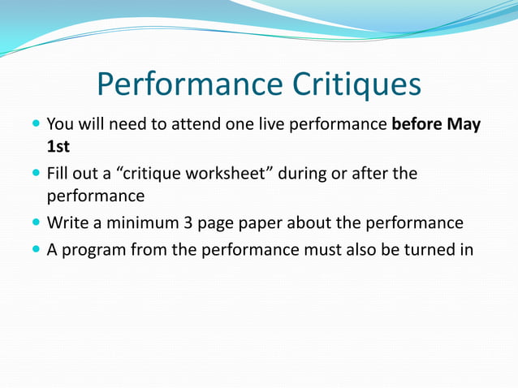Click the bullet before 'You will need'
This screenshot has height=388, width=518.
tap(35, 126)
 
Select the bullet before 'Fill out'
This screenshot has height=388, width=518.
tap(35, 174)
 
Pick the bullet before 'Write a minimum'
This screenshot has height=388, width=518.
tap(35, 223)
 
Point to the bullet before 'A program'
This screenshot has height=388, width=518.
tap(35, 248)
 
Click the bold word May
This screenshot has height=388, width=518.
tap(463, 125)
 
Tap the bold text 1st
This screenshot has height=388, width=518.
tap(58, 149)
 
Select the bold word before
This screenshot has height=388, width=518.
tap(417, 125)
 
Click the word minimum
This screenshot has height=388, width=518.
tap(131, 223)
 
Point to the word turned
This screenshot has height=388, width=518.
tap(426, 248)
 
